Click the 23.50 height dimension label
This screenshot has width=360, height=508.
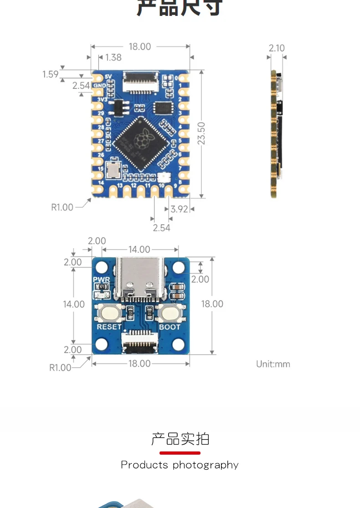201,133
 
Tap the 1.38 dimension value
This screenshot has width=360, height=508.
113,57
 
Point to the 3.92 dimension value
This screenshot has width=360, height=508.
179,209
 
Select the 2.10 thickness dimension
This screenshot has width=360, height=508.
277,48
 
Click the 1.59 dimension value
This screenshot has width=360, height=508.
50,74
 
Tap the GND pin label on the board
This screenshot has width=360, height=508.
100,85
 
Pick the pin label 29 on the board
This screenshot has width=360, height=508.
101,113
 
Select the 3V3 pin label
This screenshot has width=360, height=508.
102,99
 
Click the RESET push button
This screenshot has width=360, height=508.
109,314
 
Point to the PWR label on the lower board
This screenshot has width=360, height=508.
101,280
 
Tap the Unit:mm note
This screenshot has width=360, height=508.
273,364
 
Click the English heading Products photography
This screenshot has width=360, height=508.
180,465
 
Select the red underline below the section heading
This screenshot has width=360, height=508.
180,453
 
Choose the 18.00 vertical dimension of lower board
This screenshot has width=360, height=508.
212,304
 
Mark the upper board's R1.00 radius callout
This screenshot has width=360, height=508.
62,207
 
